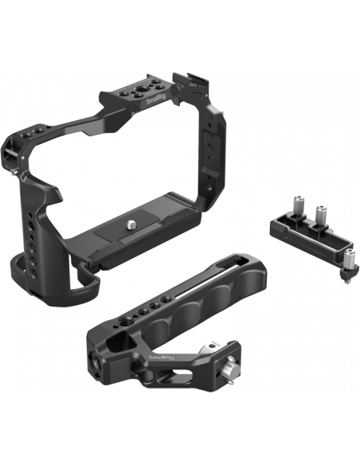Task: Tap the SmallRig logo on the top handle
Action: pos(162,357)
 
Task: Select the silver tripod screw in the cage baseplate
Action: pos(131,225)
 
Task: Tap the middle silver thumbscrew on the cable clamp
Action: pos(321,213)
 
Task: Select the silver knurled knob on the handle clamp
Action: pos(228,369)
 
